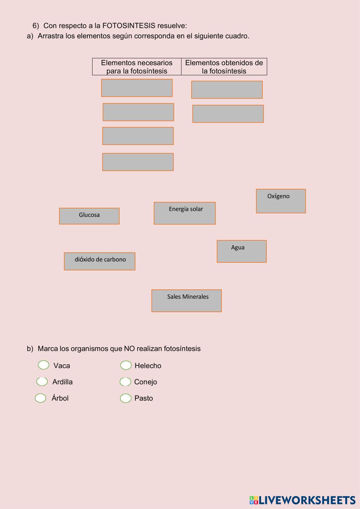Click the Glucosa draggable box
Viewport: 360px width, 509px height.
(x=89, y=216)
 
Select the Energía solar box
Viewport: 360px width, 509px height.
(x=185, y=213)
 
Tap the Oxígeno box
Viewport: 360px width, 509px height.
(x=281, y=201)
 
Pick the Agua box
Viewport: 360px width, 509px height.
(x=242, y=251)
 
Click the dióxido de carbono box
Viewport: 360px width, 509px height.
(x=100, y=261)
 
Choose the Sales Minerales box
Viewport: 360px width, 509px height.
(x=186, y=301)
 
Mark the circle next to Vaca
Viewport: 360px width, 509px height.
(x=44, y=365)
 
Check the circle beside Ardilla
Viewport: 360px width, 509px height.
(x=42, y=381)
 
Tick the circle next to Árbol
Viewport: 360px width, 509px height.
(x=41, y=398)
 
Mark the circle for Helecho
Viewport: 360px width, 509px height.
(x=126, y=365)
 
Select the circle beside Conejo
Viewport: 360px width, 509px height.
(x=125, y=382)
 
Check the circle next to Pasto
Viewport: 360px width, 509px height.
(x=126, y=398)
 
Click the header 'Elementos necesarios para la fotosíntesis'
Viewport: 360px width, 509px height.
(x=137, y=67)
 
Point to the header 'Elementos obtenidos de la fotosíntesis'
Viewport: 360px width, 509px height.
(x=224, y=67)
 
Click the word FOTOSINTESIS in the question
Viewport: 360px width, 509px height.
(x=129, y=26)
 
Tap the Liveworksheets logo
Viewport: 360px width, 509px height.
(x=302, y=500)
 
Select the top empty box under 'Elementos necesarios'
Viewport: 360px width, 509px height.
(x=137, y=88)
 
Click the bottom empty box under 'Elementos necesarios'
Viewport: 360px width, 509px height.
(x=138, y=162)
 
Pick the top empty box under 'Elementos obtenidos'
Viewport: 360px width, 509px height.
(x=227, y=90)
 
